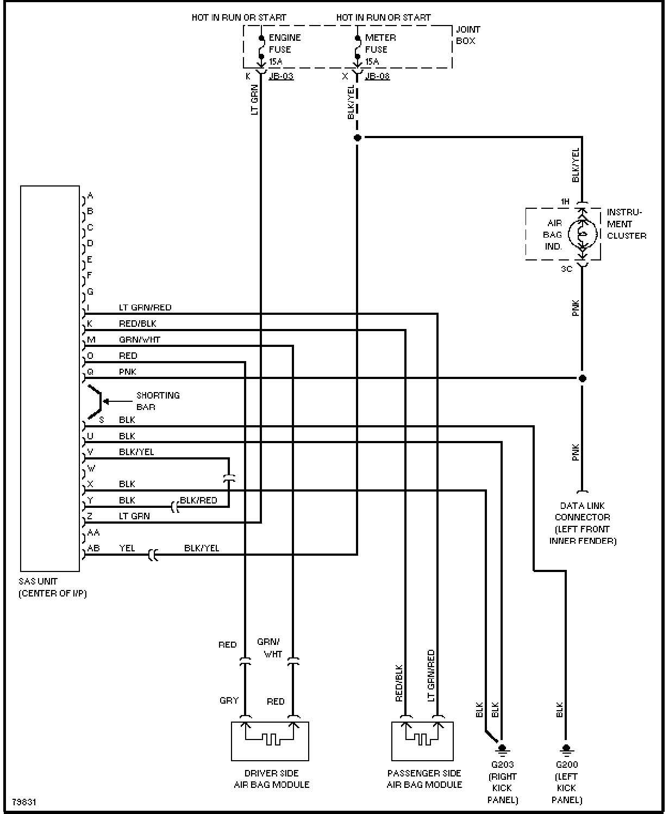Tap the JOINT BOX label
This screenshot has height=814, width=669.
(x=468, y=35)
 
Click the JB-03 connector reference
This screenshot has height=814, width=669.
(x=282, y=76)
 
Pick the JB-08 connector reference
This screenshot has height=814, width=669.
(x=377, y=76)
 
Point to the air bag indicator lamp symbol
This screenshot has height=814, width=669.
(x=583, y=234)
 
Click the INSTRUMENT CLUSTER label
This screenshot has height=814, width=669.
(x=626, y=224)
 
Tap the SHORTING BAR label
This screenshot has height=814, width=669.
(x=158, y=401)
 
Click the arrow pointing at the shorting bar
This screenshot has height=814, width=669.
(x=118, y=401)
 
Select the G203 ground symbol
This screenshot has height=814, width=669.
(x=502, y=749)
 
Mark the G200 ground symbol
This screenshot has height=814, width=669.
(x=566, y=749)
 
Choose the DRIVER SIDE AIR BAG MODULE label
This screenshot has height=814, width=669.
(x=272, y=779)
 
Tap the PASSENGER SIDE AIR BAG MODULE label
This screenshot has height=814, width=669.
(x=424, y=779)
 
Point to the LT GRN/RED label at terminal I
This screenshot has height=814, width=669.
(x=145, y=308)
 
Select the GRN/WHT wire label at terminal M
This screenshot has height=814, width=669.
(x=139, y=340)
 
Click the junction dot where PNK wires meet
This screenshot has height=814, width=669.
(x=583, y=378)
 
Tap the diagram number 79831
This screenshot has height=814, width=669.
(x=24, y=802)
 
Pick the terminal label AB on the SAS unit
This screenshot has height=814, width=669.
(x=93, y=548)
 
